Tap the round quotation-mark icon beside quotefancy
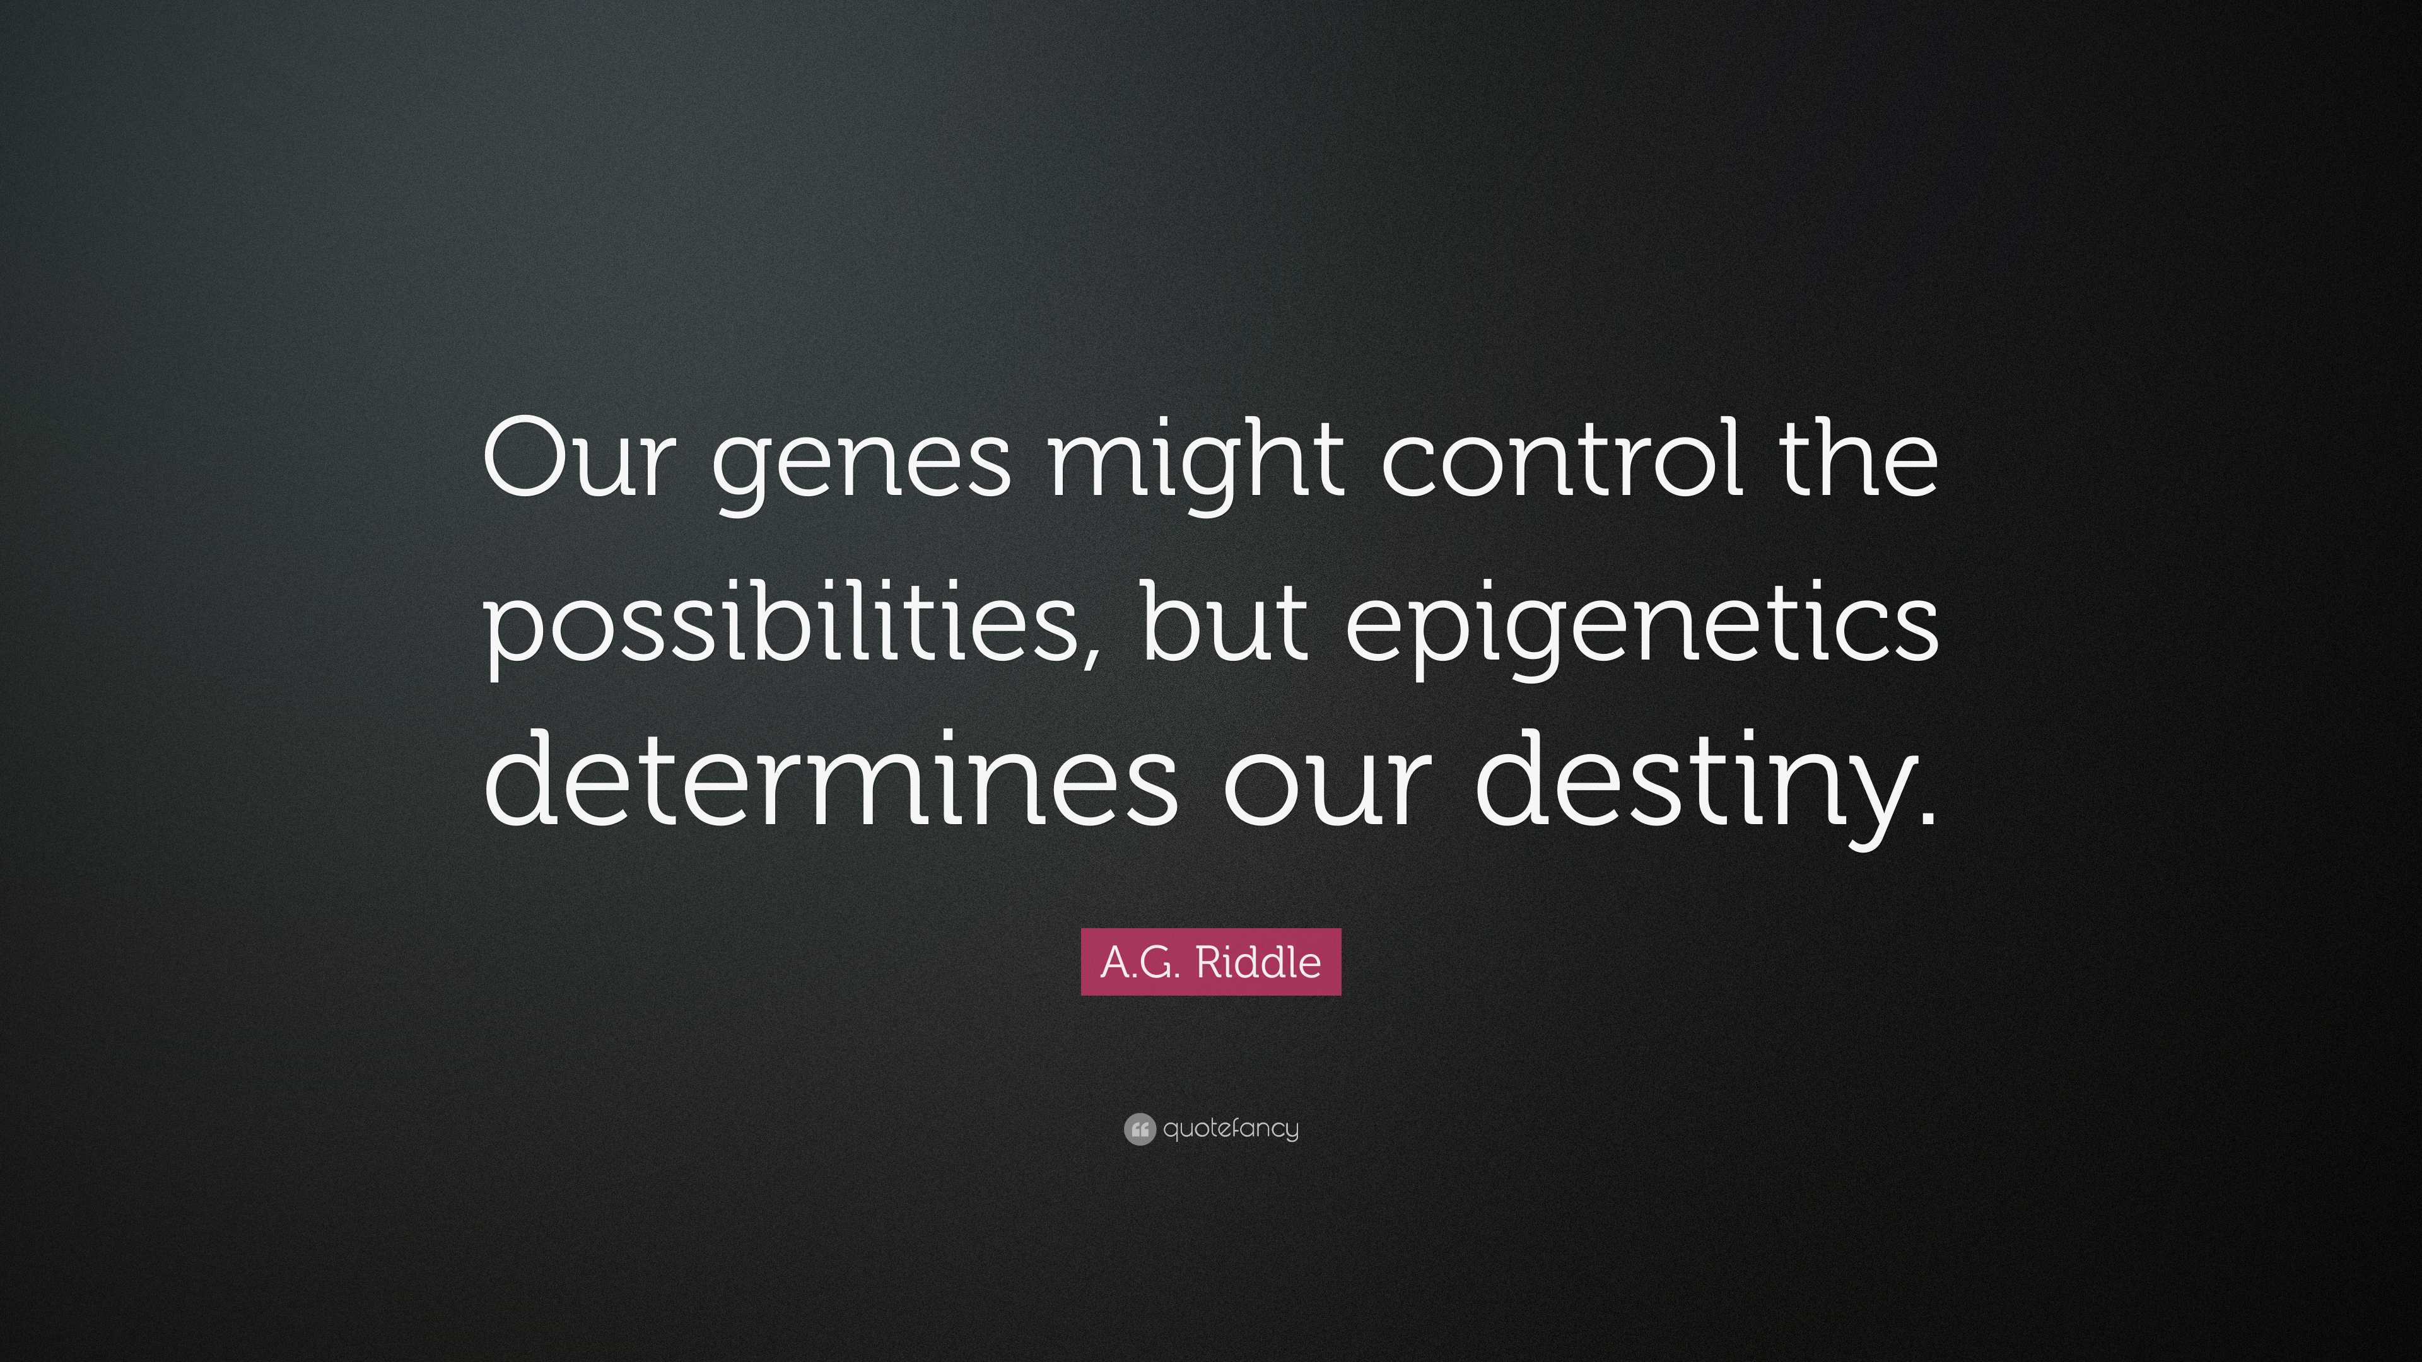1138,1129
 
